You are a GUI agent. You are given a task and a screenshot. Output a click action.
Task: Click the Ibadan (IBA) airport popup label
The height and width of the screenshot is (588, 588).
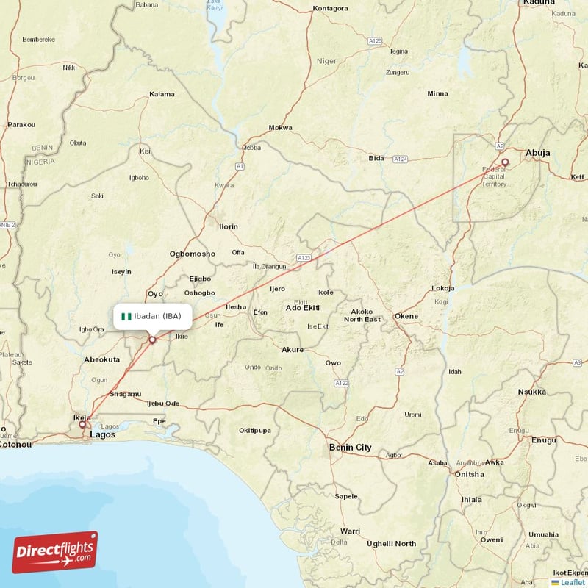pos(153,316)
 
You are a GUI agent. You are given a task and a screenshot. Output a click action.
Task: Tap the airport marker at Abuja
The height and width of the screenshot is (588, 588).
pos(505,162)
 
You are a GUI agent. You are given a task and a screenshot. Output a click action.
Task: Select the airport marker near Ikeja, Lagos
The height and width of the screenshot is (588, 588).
pos(82,424)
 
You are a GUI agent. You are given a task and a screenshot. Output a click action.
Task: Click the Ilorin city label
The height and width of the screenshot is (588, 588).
pos(229,226)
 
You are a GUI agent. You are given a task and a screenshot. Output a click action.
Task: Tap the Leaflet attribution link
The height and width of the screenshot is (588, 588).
pos(571,581)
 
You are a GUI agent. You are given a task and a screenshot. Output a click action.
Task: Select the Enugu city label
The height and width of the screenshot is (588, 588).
pos(544,440)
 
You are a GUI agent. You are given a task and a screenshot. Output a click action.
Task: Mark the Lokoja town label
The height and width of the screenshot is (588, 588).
pos(443,288)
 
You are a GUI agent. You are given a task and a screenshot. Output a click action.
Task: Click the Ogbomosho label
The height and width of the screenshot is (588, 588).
pos(193,254)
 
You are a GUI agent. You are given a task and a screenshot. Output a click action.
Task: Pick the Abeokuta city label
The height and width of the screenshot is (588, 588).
pos(102,359)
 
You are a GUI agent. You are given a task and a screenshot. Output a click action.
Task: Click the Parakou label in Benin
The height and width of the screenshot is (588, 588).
pos(21,125)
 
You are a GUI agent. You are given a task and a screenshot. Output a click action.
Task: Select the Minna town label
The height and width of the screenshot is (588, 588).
pos(437,93)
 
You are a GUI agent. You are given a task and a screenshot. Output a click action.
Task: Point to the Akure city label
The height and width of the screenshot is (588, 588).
pos(293,349)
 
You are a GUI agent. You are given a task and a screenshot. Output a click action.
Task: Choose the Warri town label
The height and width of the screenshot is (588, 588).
pos(350,531)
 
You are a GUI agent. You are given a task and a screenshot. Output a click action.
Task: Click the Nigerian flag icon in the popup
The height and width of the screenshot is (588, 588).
pos(126,316)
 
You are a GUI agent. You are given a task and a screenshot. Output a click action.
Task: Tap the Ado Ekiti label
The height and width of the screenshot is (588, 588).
pos(303,306)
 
